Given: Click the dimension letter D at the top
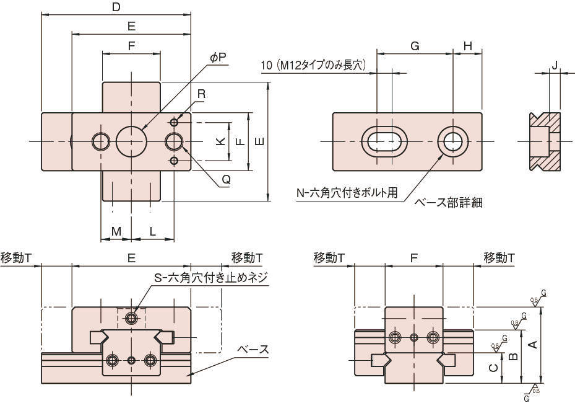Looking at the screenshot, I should click(116, 7).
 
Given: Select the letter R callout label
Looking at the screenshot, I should click(201, 94).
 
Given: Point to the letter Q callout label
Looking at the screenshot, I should click(227, 179).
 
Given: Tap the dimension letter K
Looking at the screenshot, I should click(220, 141).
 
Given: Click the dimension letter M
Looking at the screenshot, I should click(116, 231).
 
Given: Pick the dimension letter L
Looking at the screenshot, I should click(152, 231).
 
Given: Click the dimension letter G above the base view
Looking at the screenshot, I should click(415, 46).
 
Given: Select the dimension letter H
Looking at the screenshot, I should click(468, 46).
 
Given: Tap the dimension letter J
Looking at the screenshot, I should click(555, 65).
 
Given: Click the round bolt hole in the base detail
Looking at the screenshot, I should click(453, 141).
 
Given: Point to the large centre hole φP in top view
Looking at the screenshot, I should click(131, 141).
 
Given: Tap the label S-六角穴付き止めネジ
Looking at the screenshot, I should click(210, 278).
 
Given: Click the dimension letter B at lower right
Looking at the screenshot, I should click(512, 356).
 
